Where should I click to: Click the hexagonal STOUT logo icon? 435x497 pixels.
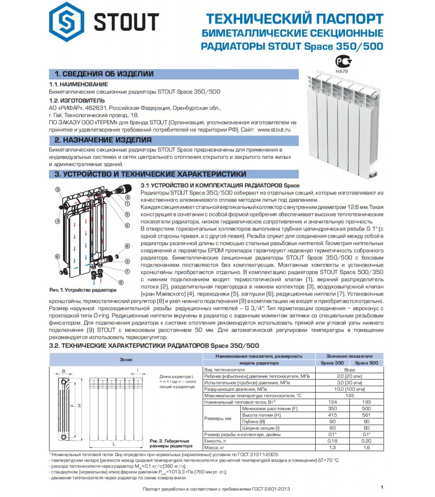click(x=66, y=21)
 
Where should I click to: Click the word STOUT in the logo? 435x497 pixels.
click(x=126, y=22)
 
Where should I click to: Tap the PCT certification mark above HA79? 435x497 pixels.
click(x=343, y=61)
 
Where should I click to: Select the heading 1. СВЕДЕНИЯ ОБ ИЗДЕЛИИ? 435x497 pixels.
click(x=104, y=74)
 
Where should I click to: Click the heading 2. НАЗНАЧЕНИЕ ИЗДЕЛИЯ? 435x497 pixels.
click(x=103, y=140)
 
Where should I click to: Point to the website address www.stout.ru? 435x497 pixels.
click(x=274, y=130)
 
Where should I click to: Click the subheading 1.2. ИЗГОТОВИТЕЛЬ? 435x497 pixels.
click(x=77, y=101)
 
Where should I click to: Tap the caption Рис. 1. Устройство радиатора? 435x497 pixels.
click(x=83, y=290)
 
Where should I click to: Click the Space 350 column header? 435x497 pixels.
click(x=332, y=363)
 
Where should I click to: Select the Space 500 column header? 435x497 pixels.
click(x=366, y=363)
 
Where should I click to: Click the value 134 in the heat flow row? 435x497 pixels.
click(x=332, y=402)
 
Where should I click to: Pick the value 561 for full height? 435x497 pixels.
click(x=366, y=415)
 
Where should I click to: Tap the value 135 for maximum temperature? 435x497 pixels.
click(x=350, y=395)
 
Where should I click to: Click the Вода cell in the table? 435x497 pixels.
click(x=350, y=370)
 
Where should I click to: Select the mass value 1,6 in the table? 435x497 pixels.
click(x=366, y=448)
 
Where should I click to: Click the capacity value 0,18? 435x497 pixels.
click(x=332, y=441)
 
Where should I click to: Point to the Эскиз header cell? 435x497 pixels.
click(x=126, y=359)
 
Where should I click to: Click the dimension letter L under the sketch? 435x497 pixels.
click(x=114, y=444)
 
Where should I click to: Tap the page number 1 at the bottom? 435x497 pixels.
click(x=382, y=487)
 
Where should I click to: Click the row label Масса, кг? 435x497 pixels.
click(x=214, y=448)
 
